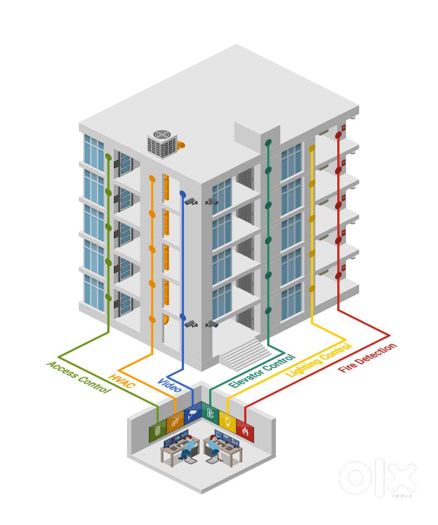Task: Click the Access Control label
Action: coord(79,377)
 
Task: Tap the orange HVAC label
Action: coord(122,381)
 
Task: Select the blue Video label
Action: coord(170,385)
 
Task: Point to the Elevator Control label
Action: coord(262,371)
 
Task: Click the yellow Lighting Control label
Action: coord(318,360)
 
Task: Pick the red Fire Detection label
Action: coord(367,357)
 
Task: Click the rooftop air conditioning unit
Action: coord(163,143)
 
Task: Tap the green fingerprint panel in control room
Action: coord(158,431)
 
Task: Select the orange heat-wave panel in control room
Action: coord(175,422)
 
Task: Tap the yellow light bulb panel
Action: coord(228,422)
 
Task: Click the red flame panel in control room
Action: coord(245,431)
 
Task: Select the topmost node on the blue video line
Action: coord(183,194)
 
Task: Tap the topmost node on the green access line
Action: coord(108,157)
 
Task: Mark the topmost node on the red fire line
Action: coord(338,135)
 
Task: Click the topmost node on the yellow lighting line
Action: coord(312,148)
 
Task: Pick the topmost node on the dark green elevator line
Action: coord(268,143)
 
